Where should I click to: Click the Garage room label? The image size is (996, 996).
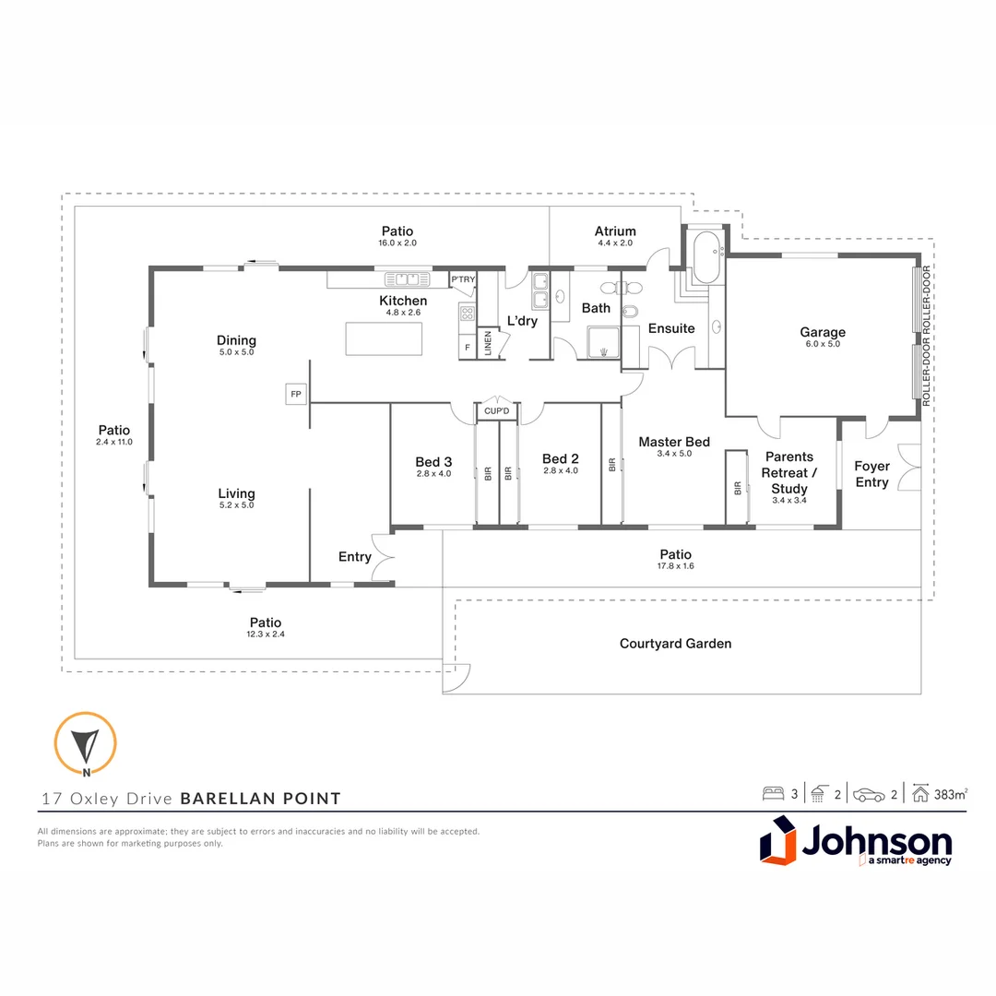pos(822,332)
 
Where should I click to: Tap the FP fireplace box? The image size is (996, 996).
pos(296,394)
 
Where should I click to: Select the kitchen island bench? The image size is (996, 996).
pos(384,338)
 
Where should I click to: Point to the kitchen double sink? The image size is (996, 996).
pos(402,278)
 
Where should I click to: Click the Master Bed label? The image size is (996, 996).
pos(674,442)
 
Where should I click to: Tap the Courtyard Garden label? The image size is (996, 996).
pos(675,644)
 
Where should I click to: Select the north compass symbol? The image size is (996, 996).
pos(85,742)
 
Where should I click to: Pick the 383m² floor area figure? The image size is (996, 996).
pos(950,794)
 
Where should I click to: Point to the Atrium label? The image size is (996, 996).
pos(615,231)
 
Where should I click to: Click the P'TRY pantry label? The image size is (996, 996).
pos(462,279)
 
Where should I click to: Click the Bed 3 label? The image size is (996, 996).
pos(433,462)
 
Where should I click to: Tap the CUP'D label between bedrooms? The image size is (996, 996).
pos(497,411)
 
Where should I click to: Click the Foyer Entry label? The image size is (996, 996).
pos(871,474)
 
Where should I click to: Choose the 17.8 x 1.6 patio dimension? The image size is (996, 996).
pos(675,565)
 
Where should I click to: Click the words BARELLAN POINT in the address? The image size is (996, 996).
pos(260,799)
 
